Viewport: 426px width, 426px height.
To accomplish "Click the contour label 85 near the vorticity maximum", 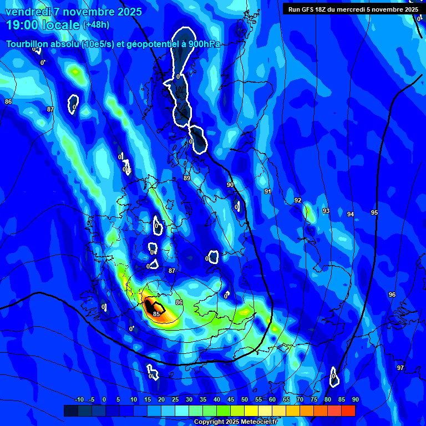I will pos(156,314).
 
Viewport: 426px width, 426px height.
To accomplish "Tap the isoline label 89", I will pos(187,178).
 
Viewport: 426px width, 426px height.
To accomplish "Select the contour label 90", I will pos(230,185).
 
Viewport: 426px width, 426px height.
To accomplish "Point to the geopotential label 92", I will pos(298,200).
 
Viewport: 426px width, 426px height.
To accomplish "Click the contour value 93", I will pos(326,211).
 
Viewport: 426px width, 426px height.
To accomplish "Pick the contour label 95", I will pos(374,212).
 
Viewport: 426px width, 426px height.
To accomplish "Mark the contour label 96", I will pos(392,295).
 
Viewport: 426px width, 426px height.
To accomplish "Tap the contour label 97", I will pos(400,368).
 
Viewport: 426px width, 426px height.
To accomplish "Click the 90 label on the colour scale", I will pos(355,399).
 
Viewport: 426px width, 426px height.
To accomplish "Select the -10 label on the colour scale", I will pos(79,399).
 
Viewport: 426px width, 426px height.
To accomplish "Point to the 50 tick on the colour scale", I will pos(245,399).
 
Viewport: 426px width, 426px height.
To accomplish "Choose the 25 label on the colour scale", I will pos(175,399).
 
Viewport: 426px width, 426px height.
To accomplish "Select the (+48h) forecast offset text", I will pos(96,25).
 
